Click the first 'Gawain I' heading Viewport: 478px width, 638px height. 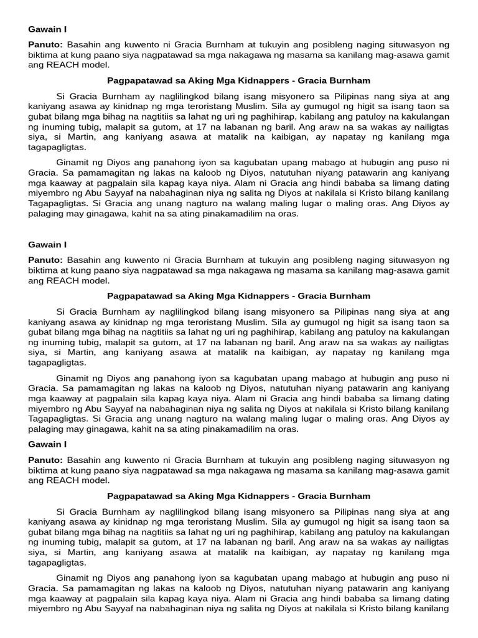[x=47, y=29]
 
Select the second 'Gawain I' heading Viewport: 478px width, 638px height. [x=47, y=245]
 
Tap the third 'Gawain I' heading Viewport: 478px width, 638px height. [x=47, y=444]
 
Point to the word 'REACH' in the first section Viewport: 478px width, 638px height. [x=62, y=65]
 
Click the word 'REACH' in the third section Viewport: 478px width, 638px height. [x=62, y=480]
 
